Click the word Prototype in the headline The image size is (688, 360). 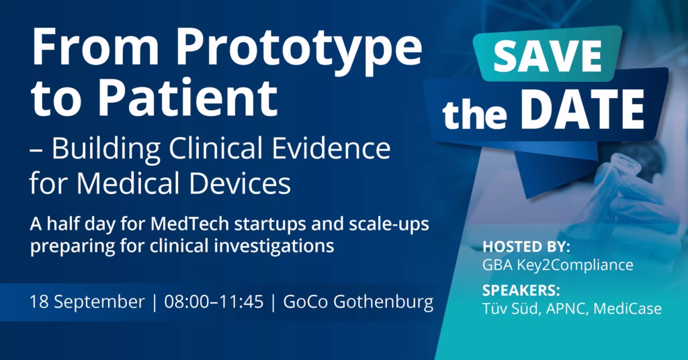click(299, 48)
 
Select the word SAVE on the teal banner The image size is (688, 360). click(547, 56)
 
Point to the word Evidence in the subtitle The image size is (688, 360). click(331, 148)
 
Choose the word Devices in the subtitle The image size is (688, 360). click(240, 183)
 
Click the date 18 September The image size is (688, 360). click(87, 302)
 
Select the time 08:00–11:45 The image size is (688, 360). click(214, 302)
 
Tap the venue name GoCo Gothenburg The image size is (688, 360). click(358, 302)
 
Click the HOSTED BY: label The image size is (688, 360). click(526, 246)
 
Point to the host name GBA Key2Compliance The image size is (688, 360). click(558, 265)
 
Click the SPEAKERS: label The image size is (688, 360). click(521, 290)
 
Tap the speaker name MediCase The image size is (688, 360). click(628, 309)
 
